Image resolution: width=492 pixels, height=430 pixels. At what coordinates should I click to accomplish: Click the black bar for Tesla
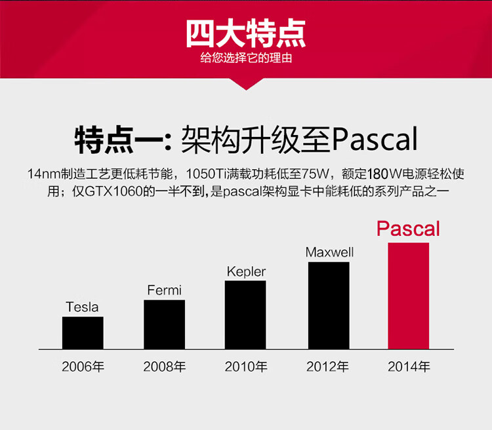tap(83, 333)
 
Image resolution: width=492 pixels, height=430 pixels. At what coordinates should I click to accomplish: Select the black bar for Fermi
tap(165, 324)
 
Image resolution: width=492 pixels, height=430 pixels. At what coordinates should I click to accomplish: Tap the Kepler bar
tap(245, 315)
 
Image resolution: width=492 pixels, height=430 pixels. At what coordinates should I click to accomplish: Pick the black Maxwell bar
tap(329, 305)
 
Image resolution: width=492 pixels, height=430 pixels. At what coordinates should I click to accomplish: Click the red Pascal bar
tap(409, 296)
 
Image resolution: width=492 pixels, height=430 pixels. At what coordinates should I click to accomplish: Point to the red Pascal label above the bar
tap(408, 229)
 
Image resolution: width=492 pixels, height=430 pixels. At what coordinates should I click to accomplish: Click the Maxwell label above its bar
tap(329, 252)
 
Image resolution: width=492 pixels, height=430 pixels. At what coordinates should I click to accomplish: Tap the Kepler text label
tap(246, 271)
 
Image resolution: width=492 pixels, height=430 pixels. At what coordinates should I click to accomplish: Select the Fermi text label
tap(165, 290)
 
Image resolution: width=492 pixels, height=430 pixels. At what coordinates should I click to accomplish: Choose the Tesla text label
tap(82, 307)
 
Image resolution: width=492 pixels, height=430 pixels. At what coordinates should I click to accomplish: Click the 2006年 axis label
tap(83, 366)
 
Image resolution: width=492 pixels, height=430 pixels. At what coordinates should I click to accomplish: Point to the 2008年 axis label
tap(165, 366)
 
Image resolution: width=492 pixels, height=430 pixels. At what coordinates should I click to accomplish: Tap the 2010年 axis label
tap(246, 366)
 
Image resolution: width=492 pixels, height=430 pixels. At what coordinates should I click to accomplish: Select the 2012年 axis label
tap(327, 366)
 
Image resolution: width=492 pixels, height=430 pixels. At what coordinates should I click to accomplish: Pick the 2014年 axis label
tap(409, 366)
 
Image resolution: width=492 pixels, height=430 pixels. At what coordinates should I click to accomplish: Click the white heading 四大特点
tap(246, 33)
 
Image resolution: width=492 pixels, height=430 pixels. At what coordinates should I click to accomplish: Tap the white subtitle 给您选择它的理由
tap(246, 58)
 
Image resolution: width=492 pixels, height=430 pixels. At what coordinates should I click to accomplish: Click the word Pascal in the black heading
tap(375, 139)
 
